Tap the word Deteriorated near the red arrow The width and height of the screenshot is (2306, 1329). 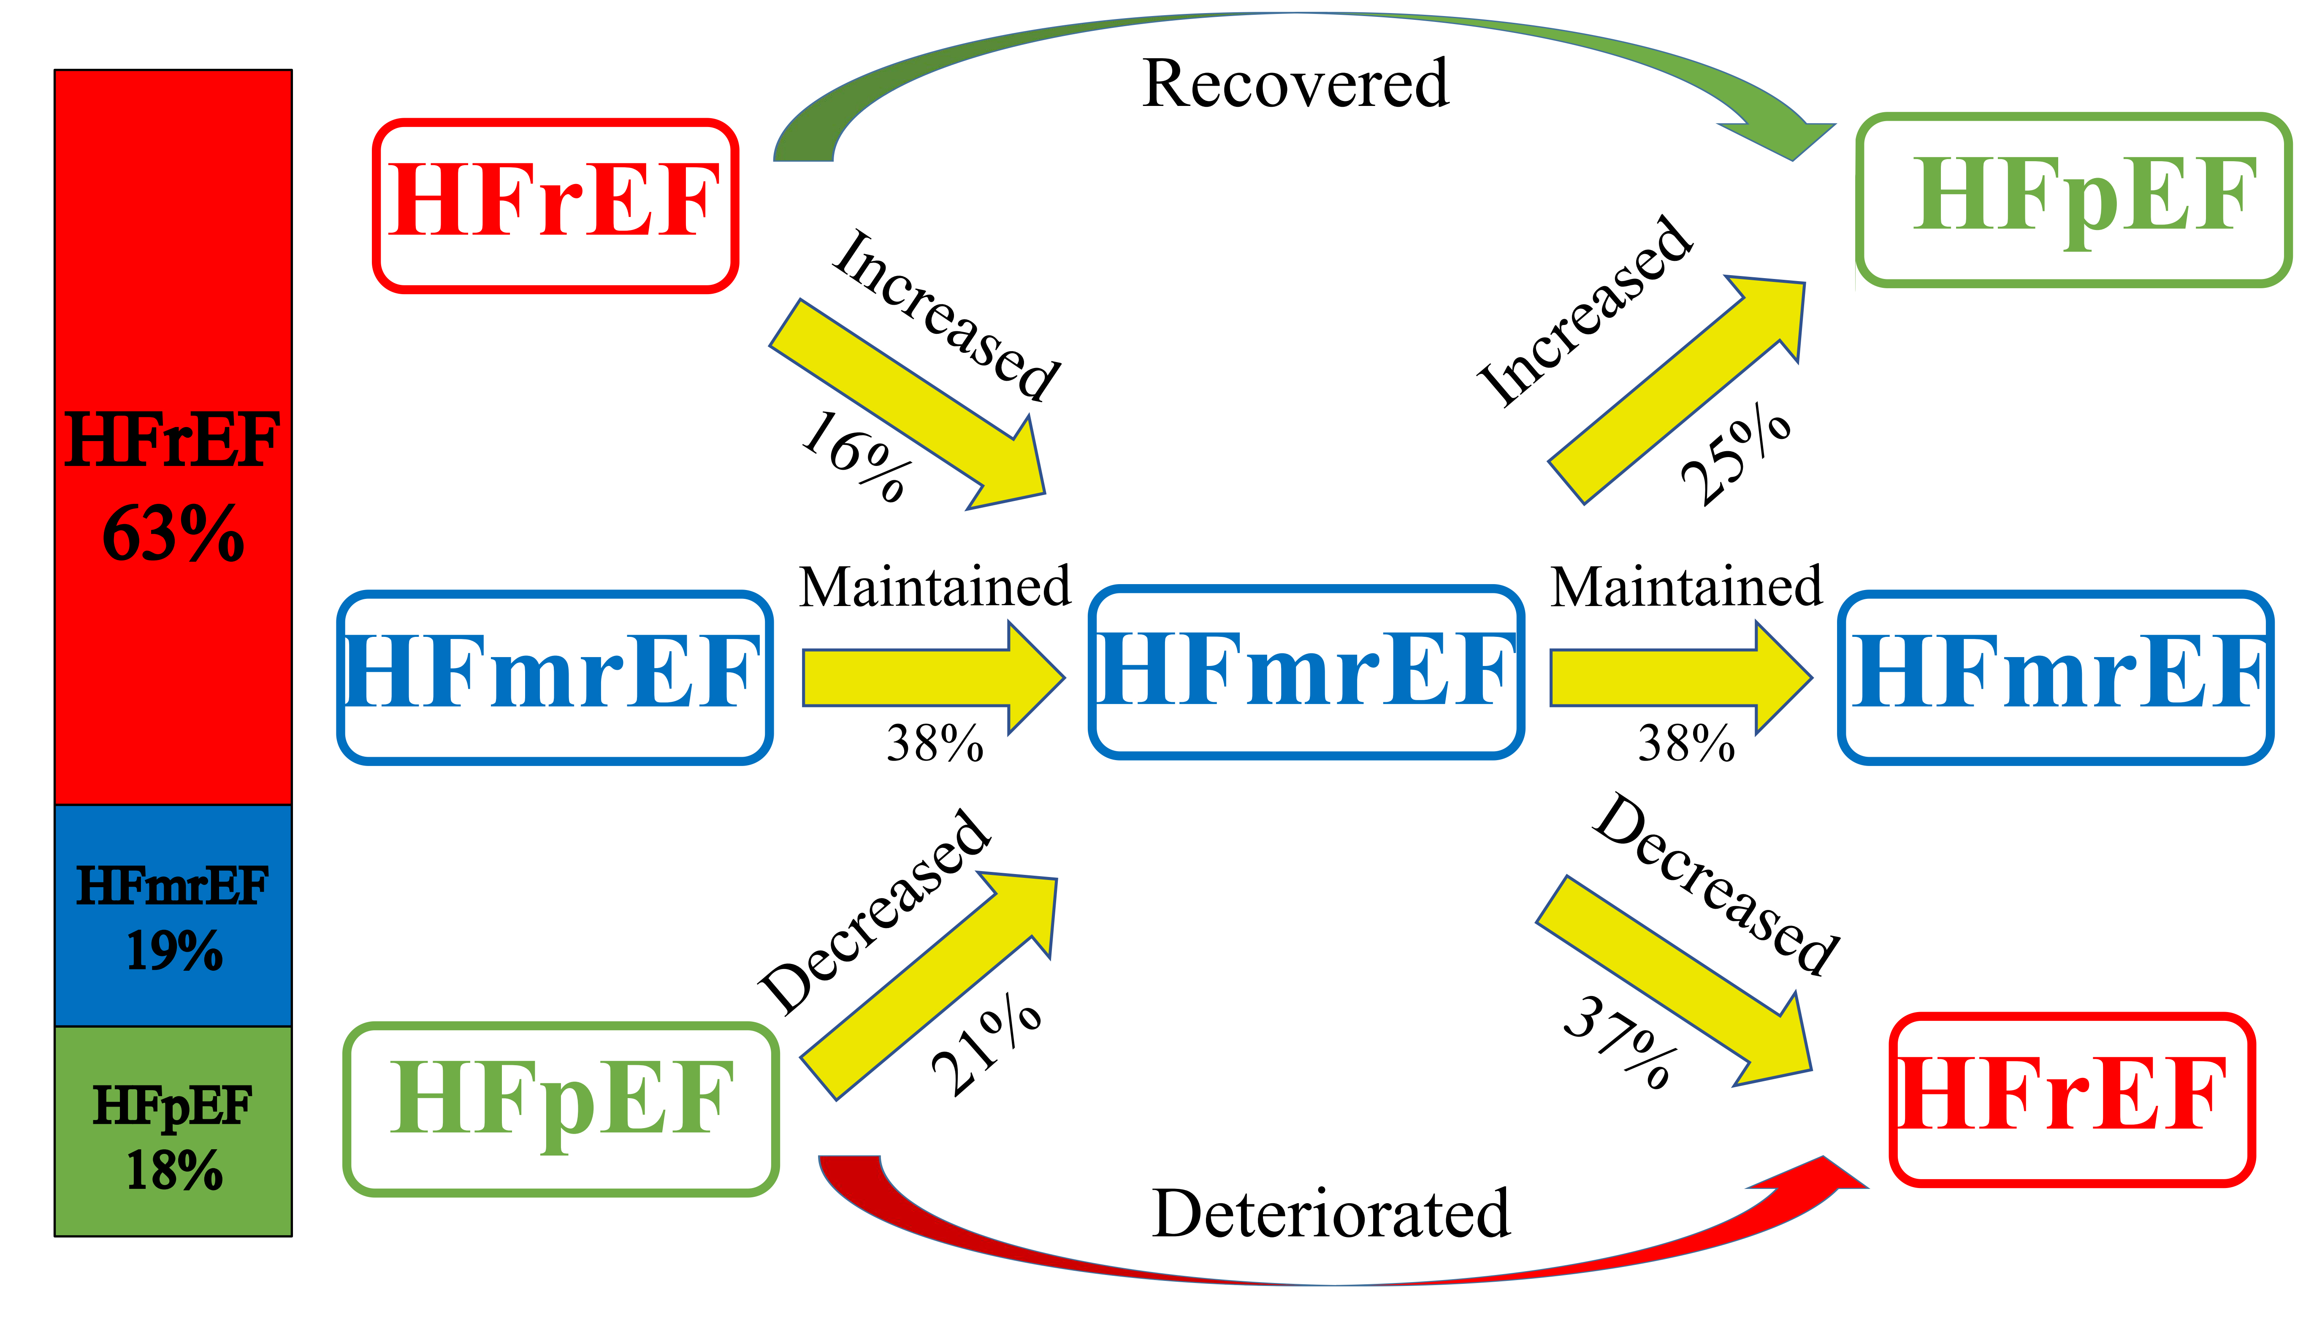tap(1331, 1214)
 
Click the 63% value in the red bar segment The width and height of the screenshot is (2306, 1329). tap(173, 534)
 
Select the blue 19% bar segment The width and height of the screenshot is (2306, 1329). tap(173, 915)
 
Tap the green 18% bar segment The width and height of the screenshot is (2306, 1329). tap(173, 1132)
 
